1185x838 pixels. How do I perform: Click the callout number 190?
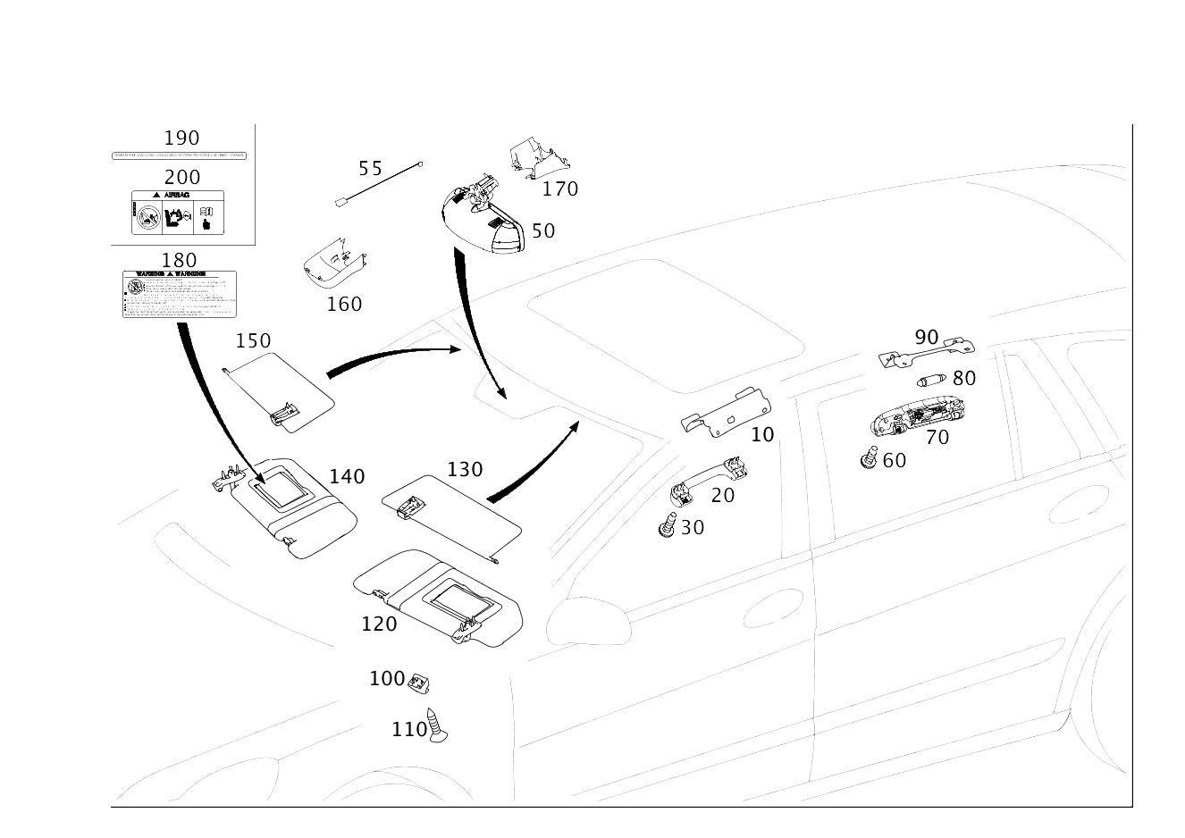[x=181, y=138]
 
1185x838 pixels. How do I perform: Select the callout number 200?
[x=181, y=177]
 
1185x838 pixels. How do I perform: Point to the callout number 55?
[x=369, y=167]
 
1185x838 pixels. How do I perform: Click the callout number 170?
[x=560, y=189]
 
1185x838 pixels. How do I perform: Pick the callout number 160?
[x=344, y=304]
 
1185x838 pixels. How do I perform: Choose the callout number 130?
[x=465, y=469]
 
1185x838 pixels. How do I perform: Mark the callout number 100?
[x=387, y=679]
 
